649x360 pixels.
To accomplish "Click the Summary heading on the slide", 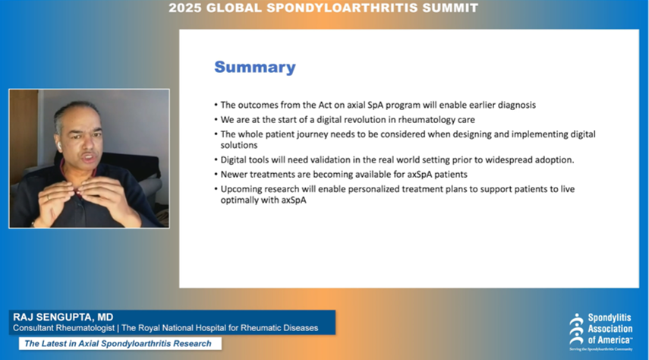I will (x=254, y=67).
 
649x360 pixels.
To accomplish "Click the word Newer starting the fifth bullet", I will (x=235, y=174).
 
